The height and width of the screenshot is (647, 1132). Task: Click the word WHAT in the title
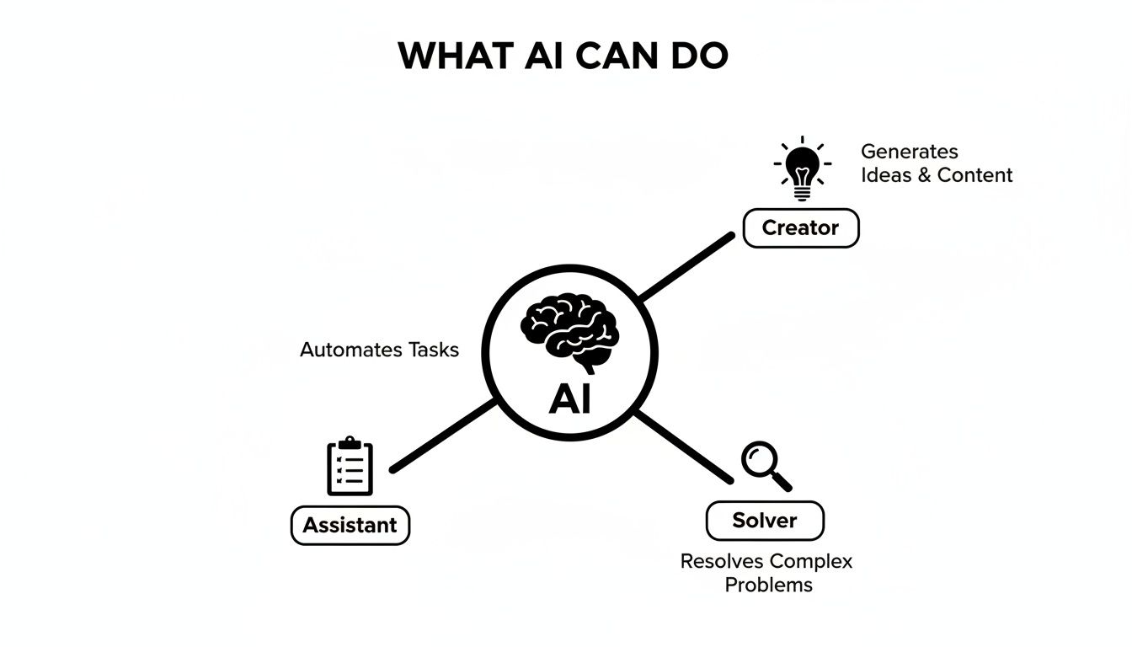point(455,56)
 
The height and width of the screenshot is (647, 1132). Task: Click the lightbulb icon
point(802,168)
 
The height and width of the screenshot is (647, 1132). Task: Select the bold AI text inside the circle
point(569,398)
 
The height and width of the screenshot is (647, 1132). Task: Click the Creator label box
point(800,227)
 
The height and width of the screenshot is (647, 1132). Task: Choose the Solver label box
point(764,521)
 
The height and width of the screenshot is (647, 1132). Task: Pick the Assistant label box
point(350,525)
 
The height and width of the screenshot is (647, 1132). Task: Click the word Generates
point(909,152)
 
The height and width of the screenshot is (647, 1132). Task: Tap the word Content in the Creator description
point(974,175)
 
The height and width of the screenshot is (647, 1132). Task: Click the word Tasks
point(433,350)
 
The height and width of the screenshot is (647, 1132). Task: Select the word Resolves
point(722,561)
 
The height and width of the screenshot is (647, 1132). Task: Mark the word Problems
point(768,585)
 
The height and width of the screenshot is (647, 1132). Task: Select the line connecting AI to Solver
point(682,446)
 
